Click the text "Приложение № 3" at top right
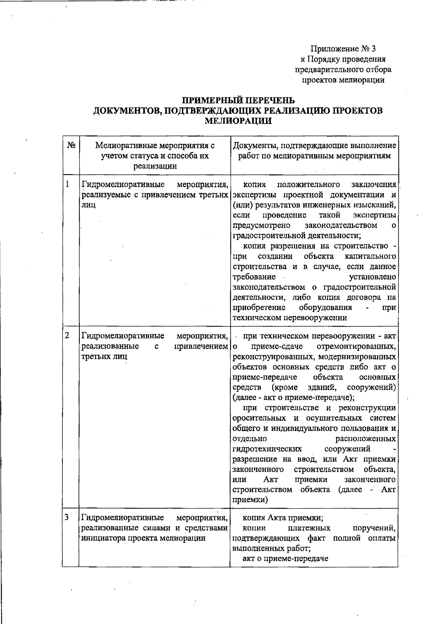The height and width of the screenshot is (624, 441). [343, 49]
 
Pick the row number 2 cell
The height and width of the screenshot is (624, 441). [68, 336]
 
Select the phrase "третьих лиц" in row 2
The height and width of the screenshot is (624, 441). [104, 356]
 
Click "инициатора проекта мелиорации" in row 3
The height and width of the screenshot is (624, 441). [143, 538]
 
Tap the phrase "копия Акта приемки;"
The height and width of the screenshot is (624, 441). [283, 518]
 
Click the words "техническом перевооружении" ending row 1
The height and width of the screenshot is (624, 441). [290, 318]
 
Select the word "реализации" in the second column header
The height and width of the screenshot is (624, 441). [155, 166]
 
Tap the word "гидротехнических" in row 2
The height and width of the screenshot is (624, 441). [268, 449]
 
